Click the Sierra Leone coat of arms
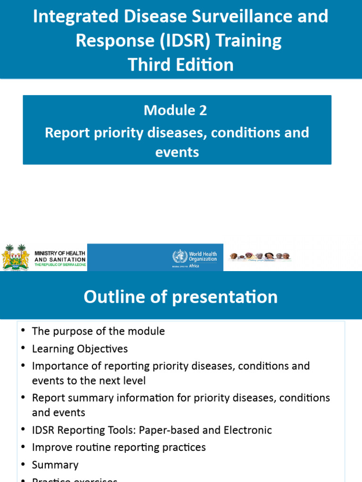pos(16,257)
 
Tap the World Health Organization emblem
pos(180,257)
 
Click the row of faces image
pos(260,257)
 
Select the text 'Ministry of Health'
pos(60,253)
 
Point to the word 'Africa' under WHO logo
pos(194,266)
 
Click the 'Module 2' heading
pos(175,110)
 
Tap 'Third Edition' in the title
pos(181,64)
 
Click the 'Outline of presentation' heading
pos(181,297)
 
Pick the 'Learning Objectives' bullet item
pos(80,349)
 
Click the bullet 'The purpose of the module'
pos(98,331)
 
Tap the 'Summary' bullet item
pos(55,465)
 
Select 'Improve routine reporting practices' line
pos(119,447)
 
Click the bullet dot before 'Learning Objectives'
pos(23,349)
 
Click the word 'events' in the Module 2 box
pos(177,152)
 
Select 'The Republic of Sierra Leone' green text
pos(60,265)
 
